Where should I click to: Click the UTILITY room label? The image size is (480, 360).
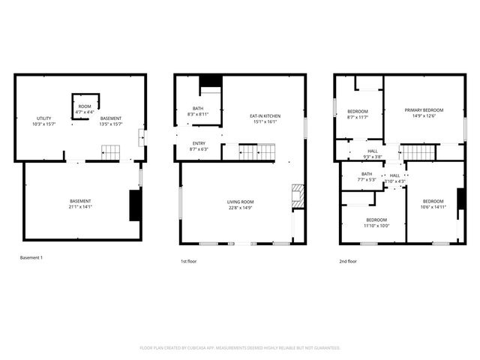pos(42,118)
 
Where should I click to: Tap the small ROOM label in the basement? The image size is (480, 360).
pos(85,106)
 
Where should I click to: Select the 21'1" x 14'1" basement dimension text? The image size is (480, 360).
pos(80,207)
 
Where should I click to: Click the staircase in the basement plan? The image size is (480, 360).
pos(111,151)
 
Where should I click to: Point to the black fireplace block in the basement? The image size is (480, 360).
pos(135,205)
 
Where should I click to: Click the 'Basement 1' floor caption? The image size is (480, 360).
pos(31,258)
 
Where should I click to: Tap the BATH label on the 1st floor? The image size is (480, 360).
pos(198,109)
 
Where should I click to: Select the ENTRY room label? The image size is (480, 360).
pos(198,144)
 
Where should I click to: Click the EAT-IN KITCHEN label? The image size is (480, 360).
pos(265,115)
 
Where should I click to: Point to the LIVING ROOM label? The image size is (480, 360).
pos(241,202)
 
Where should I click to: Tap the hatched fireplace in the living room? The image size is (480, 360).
pos(297,195)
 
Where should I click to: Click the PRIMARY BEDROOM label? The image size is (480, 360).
pos(424,109)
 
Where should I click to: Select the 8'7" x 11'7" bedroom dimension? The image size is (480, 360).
pos(358,117)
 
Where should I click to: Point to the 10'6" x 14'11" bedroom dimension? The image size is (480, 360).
pos(433,207)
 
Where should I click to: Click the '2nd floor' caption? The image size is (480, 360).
pos(347,262)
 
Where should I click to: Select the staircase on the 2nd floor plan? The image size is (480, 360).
pos(419,153)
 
